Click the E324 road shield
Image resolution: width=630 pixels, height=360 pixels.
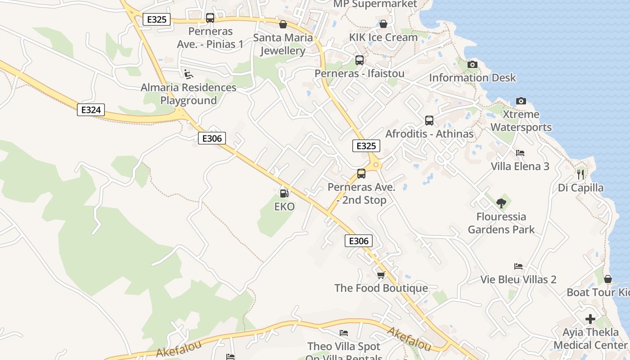pos(91,110)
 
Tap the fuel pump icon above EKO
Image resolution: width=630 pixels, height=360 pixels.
pos(284,193)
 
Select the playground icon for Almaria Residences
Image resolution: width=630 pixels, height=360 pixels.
pos(189,74)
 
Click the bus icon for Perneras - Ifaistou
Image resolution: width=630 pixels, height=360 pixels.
pos(359,60)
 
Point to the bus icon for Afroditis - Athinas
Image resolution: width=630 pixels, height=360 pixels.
pos(429,120)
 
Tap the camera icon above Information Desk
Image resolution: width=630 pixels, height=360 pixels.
pos(472,64)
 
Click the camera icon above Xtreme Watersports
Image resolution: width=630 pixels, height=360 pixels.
pos(521,101)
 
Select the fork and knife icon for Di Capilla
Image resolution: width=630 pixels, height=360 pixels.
pos(580,174)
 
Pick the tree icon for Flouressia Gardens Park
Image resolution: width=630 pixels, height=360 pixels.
pos(501,203)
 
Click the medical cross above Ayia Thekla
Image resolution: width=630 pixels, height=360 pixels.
pos(590,319)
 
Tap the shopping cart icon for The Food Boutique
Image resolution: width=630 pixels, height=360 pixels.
pos(381,274)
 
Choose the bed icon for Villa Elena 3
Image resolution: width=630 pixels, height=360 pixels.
pos(520,153)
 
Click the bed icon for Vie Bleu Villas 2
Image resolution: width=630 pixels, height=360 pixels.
pos(518,266)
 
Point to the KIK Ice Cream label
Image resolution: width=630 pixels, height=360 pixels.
pos(383,37)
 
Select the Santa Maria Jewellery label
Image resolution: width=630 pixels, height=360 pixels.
pos(283,44)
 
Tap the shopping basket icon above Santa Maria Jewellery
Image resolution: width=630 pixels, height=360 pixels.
pos(283,24)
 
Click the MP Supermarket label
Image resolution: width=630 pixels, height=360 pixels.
pos(375,4)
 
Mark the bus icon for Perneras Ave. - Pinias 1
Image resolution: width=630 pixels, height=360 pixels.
pos(210,18)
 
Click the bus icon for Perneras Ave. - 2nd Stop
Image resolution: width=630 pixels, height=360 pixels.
pos(361,174)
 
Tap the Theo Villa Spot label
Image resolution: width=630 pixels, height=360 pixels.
pos(344,347)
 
